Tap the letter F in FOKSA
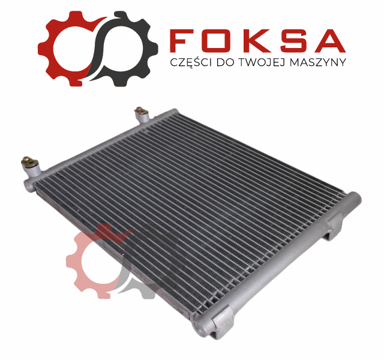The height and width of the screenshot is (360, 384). [181, 41]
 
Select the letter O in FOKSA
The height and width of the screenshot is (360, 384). [217, 41]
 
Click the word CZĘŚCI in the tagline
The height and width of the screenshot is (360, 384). [191, 62]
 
